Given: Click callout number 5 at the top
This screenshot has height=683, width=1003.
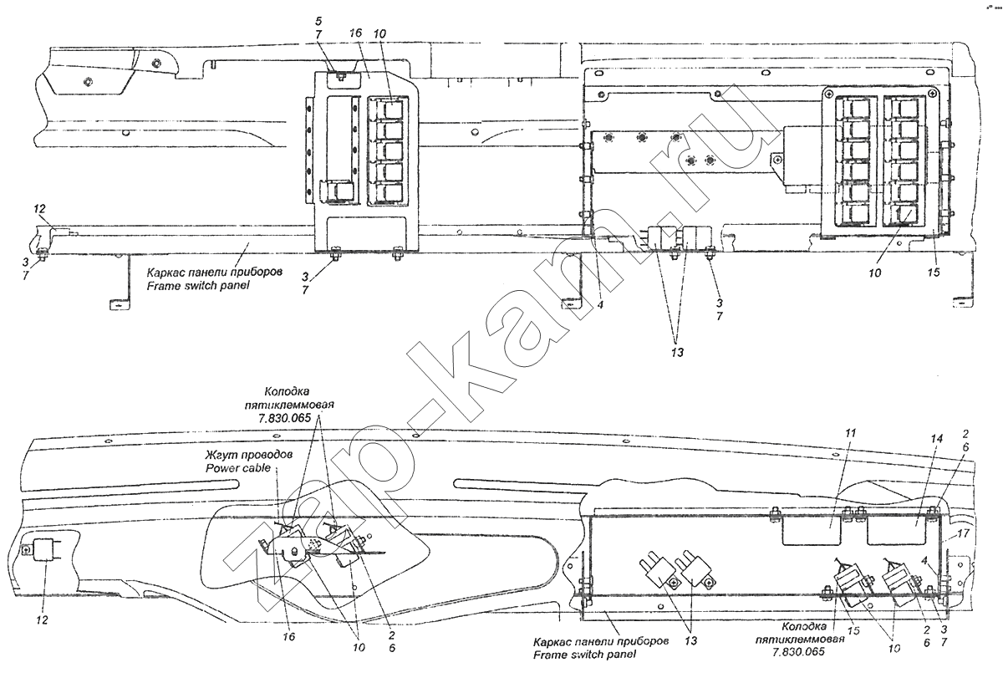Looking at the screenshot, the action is tap(318, 21).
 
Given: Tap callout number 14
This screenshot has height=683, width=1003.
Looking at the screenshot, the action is tap(937, 439).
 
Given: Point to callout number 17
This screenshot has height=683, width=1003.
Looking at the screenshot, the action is tap(963, 533).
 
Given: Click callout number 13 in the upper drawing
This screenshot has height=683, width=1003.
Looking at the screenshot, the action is tap(678, 353).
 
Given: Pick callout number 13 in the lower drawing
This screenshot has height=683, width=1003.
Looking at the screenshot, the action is tap(691, 641).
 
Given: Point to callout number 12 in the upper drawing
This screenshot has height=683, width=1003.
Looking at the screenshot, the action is tap(39, 209).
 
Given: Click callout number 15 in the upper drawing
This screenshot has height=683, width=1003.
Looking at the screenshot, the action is tap(934, 273).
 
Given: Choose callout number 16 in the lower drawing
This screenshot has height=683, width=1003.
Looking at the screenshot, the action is tap(289, 636).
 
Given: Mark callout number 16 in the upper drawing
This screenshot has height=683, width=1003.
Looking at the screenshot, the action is tap(355, 33).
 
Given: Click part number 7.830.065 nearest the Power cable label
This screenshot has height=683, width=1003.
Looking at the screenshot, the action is tap(283, 418).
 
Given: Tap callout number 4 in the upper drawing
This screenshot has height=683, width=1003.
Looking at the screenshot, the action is tap(600, 304).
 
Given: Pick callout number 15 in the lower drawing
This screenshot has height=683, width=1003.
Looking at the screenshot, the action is tap(853, 630).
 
